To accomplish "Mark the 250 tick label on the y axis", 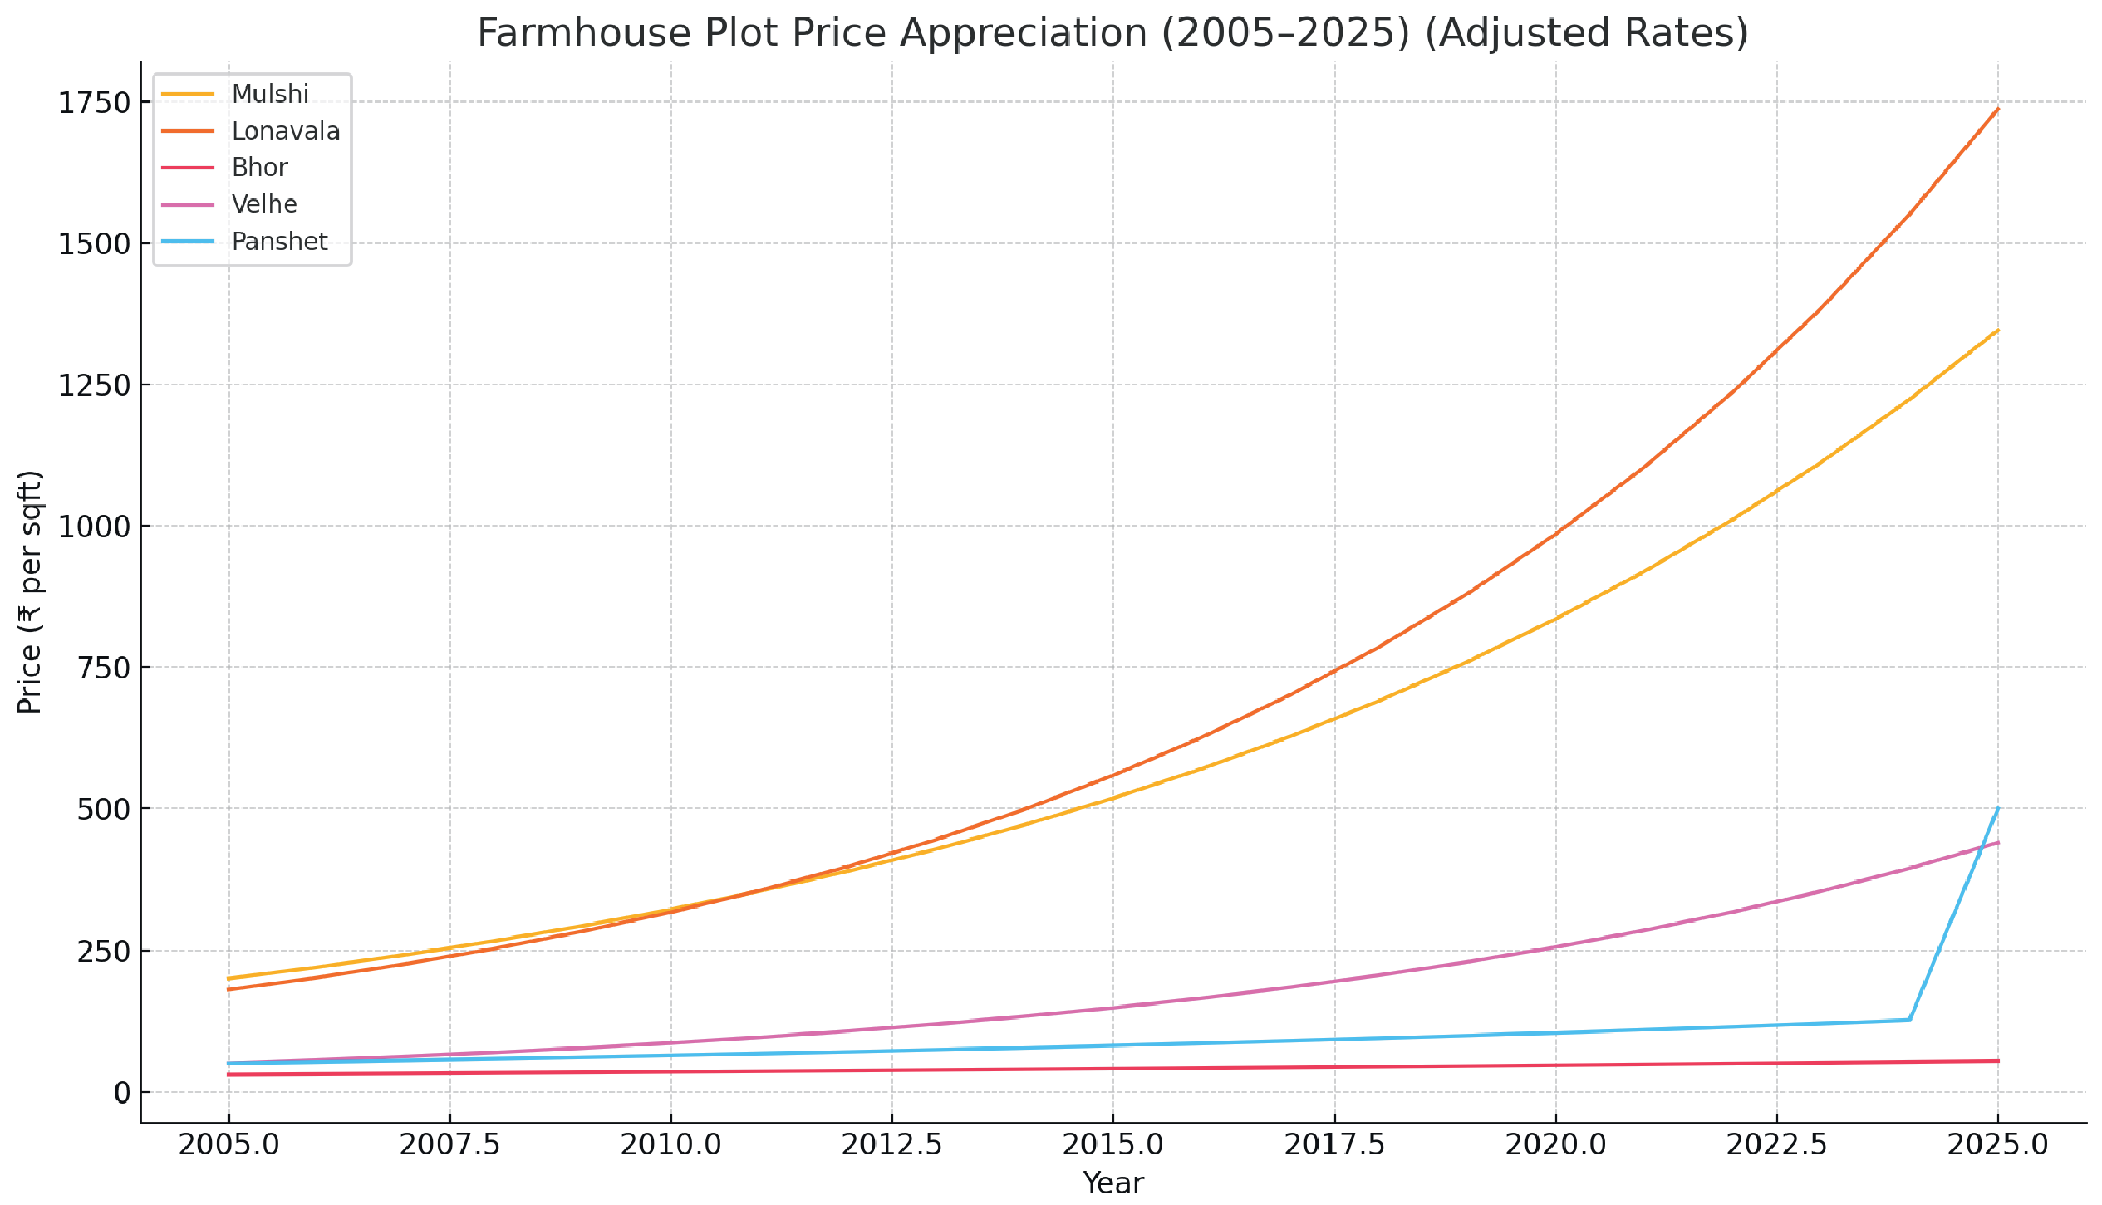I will pyautogui.click(x=104, y=952).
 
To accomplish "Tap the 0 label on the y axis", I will pyautogui.click(x=122, y=1093).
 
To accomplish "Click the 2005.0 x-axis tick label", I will pyautogui.click(x=229, y=1145).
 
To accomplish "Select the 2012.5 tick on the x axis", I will pyautogui.click(x=891, y=1145).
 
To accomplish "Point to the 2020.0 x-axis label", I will pyautogui.click(x=1555, y=1145).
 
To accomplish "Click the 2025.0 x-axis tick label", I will pyautogui.click(x=1997, y=1145).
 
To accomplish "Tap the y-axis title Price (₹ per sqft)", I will pyautogui.click(x=30, y=592).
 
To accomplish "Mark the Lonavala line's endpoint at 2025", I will pyautogui.click(x=1997, y=109).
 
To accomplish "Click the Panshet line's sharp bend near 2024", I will pyautogui.click(x=1909, y=1020).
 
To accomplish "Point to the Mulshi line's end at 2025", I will pyautogui.click(x=1997, y=331).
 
